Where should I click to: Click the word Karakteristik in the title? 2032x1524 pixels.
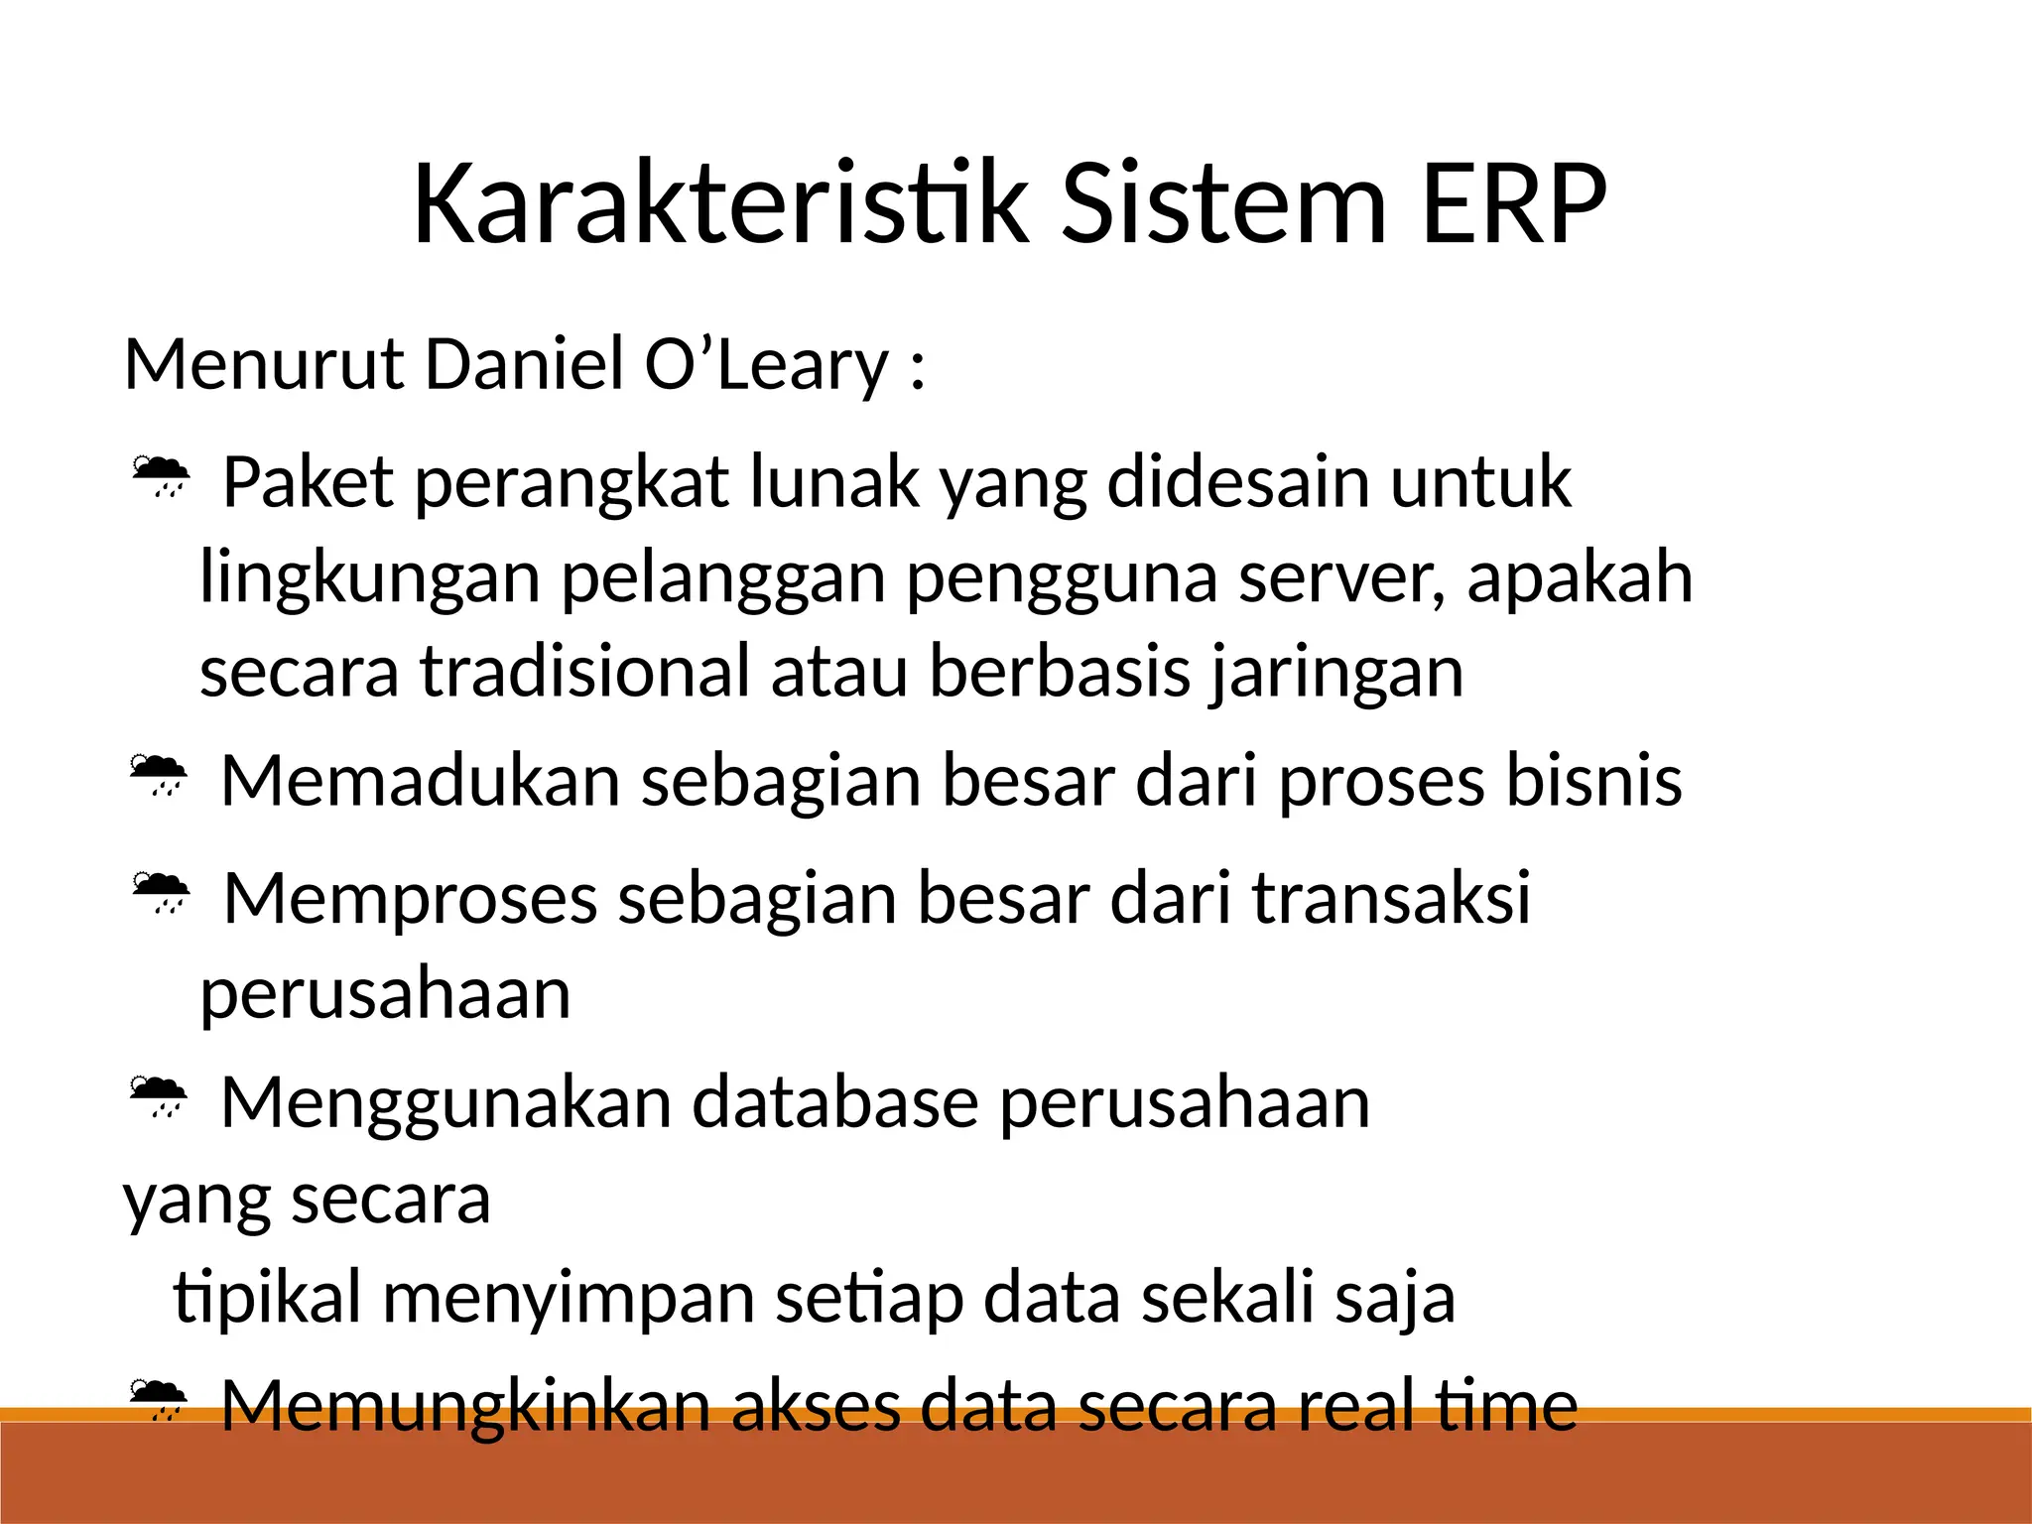720,205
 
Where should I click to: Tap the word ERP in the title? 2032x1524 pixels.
1513,205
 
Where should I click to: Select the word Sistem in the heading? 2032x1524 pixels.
1222,205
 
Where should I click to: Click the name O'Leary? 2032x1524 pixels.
766,365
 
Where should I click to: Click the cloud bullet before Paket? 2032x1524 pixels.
160,476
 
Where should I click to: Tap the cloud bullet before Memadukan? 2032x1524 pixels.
158,775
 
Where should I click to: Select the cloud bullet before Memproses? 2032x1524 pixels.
160,892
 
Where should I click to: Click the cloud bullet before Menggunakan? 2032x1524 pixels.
158,1096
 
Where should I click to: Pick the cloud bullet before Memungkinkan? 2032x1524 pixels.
158,1399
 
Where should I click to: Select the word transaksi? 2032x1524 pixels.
1391,898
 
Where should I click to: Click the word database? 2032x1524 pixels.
834,1102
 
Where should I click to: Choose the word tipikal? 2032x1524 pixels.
266,1300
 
